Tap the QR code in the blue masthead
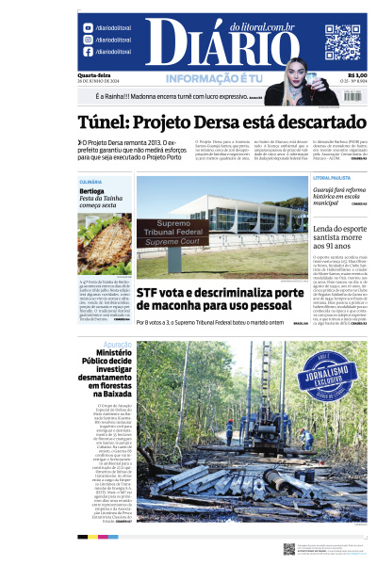[343, 41]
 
